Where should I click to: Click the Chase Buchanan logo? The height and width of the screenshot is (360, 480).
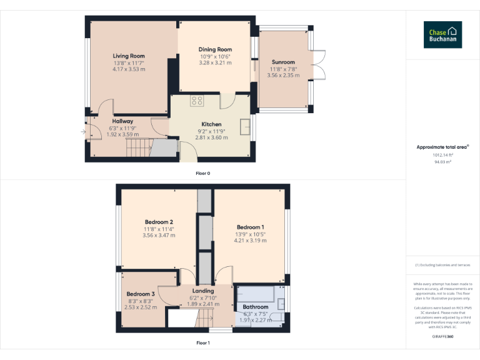point(442,34)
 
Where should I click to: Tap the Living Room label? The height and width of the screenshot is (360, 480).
point(129,56)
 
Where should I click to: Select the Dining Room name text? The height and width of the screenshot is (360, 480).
point(215,49)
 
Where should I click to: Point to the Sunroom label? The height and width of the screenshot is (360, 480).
point(283,62)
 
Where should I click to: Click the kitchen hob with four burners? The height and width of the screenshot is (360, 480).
point(197,100)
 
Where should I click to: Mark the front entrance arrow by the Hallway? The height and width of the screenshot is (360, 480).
point(84,132)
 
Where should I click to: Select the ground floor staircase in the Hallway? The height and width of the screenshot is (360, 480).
point(139,148)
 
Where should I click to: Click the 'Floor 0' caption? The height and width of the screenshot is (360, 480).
point(202,173)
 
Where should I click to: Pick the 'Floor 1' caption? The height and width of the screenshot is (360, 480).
point(202,342)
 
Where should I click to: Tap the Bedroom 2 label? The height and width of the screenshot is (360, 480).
point(159,222)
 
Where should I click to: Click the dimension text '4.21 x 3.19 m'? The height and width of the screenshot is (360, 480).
point(250,240)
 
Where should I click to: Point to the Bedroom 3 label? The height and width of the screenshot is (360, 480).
point(141,294)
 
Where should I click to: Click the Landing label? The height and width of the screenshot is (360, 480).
point(203,291)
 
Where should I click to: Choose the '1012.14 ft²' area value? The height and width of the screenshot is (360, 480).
point(442,155)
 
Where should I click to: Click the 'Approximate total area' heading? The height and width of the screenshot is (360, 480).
point(442,147)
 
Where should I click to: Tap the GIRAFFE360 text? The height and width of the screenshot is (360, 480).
point(442,336)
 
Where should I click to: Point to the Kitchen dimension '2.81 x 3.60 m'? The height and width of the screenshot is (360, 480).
point(211,137)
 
